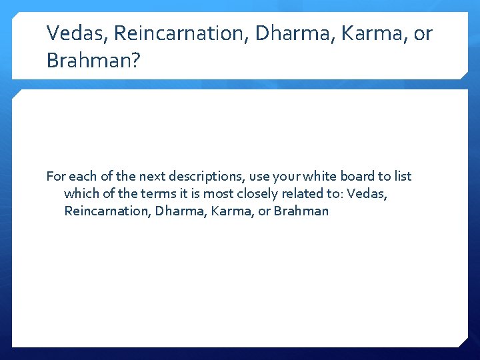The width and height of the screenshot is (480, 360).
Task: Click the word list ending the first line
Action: click(403, 177)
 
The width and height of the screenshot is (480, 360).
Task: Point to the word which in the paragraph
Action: click(79, 194)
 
